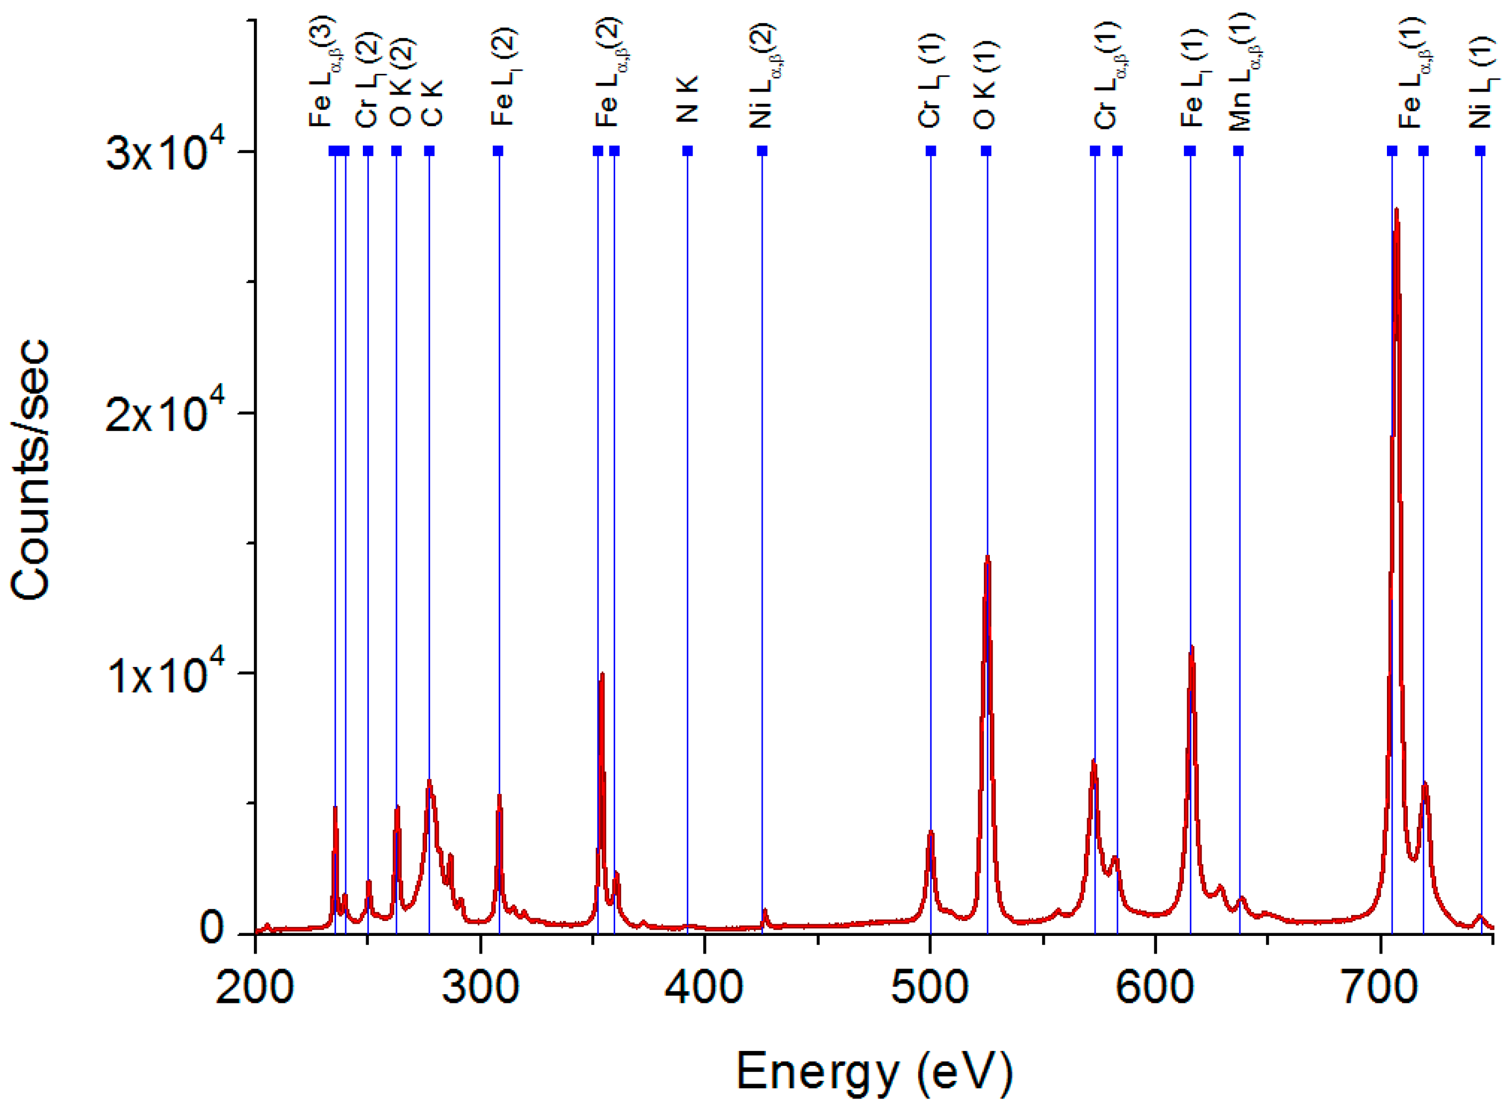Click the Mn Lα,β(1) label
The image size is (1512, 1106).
point(1241,72)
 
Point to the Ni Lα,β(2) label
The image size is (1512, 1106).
point(763,75)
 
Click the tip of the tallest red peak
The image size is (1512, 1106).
point(1396,210)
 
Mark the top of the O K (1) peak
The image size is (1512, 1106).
point(988,557)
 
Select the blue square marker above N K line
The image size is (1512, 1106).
point(687,151)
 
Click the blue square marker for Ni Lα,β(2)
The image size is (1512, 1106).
point(762,151)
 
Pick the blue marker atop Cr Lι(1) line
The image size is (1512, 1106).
point(931,151)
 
